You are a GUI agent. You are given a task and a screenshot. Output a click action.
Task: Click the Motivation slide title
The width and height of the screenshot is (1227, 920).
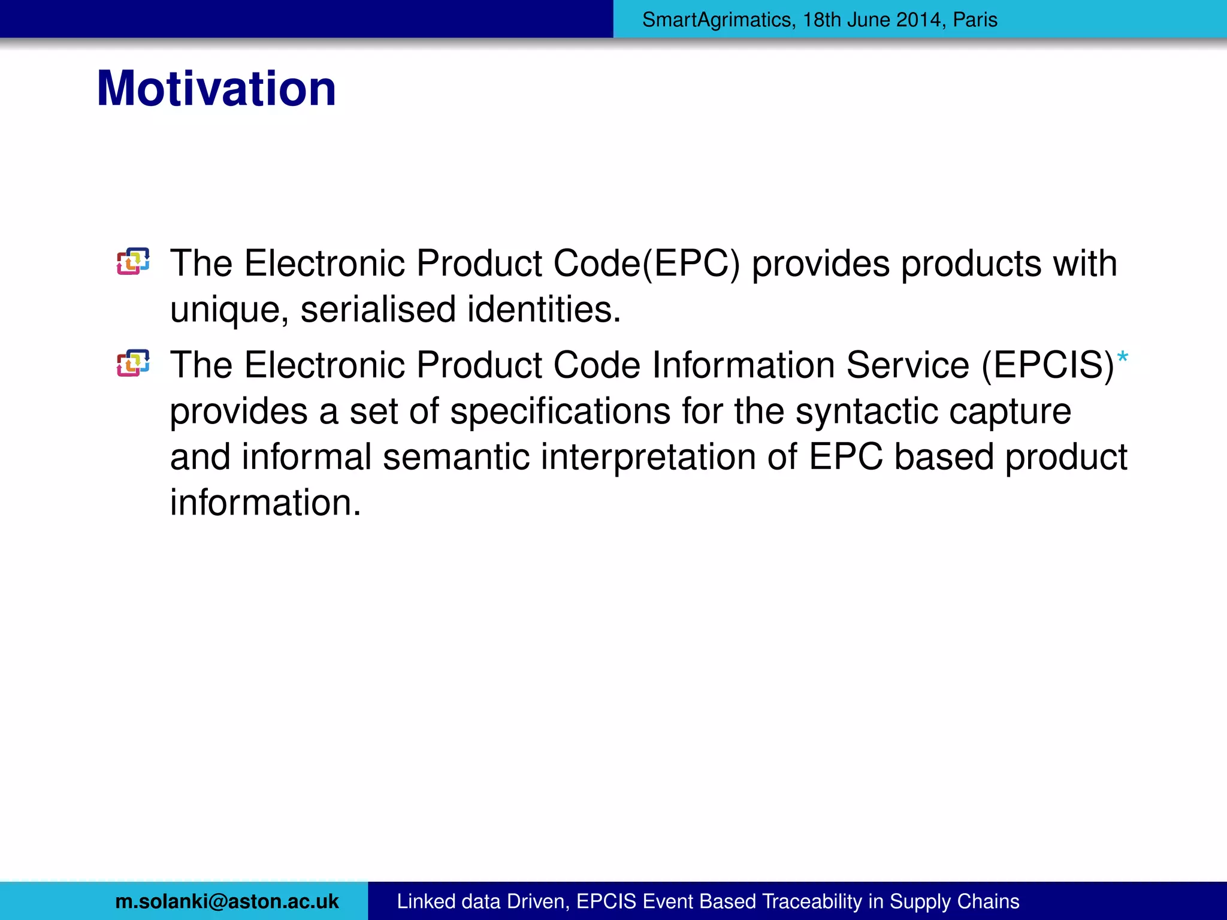click(x=216, y=89)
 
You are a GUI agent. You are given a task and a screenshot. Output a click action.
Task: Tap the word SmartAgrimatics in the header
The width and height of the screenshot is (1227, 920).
click(x=717, y=20)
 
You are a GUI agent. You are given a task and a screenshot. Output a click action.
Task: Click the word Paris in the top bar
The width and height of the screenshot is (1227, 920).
click(x=975, y=20)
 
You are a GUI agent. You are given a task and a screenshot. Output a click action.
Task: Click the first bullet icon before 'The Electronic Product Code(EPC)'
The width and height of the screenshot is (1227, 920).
click(x=133, y=262)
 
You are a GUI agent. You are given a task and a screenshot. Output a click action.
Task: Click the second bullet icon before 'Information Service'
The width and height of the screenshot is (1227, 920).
click(x=133, y=363)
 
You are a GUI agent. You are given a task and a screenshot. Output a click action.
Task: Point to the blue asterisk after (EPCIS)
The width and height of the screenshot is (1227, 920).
click(x=1122, y=358)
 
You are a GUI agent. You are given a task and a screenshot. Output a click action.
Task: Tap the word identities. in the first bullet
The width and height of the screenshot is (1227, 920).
click(x=544, y=310)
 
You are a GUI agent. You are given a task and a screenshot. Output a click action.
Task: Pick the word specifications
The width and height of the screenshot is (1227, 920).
click(x=560, y=412)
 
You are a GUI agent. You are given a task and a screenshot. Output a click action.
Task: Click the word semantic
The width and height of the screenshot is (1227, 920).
click(x=456, y=457)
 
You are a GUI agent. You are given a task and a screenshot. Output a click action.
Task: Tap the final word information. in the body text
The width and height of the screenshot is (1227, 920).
click(x=265, y=503)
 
